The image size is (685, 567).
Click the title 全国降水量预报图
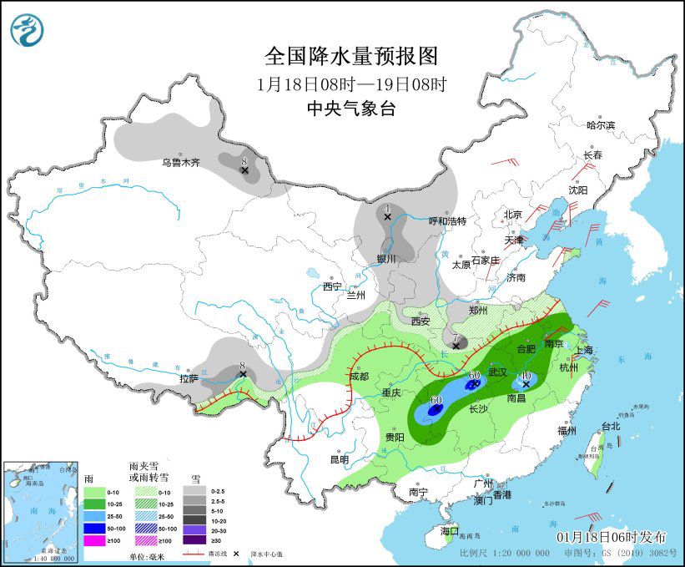tap(350, 56)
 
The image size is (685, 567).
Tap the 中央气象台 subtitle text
tap(350, 109)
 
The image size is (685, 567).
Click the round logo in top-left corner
tap(28, 29)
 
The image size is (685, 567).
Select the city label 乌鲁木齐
tap(181, 162)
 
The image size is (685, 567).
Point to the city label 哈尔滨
tap(600, 125)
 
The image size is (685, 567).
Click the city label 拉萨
tap(189, 379)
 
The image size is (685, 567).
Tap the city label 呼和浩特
tap(447, 221)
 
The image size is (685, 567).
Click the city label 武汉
tap(497, 372)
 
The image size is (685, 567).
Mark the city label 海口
tap(450, 530)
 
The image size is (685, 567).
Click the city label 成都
tap(359, 377)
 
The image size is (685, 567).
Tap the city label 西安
tap(420, 321)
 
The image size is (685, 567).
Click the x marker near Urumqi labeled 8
tap(244, 170)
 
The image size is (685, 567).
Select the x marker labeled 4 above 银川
tap(387, 216)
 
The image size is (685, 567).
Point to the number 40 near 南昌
tap(525, 377)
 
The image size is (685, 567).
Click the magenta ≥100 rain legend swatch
tap(94, 540)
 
